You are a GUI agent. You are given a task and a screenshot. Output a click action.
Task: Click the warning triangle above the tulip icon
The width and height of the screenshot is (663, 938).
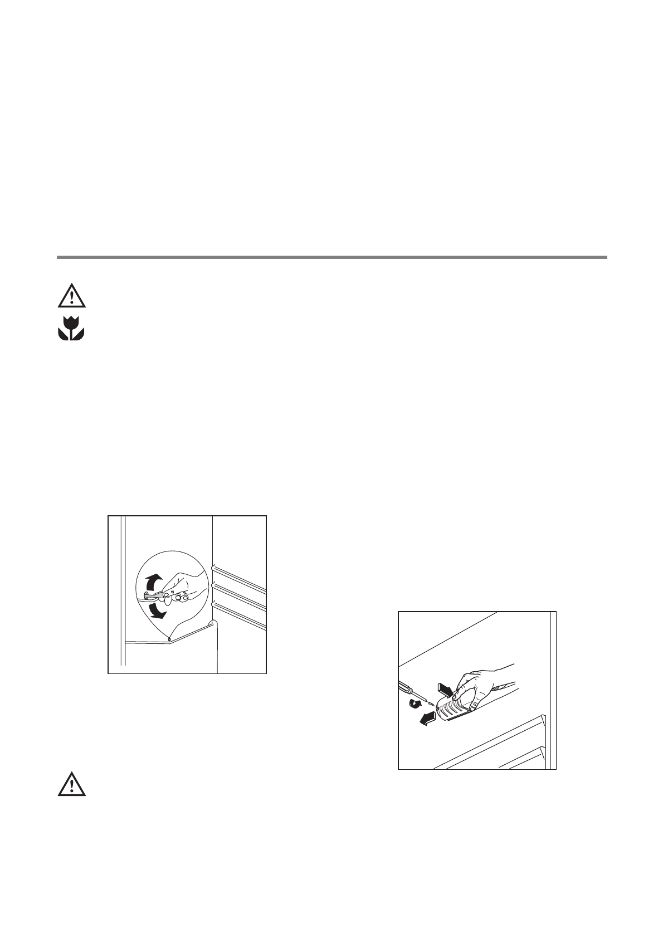tap(71, 296)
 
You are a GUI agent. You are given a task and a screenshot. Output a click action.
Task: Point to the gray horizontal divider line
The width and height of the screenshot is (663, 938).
tap(331, 257)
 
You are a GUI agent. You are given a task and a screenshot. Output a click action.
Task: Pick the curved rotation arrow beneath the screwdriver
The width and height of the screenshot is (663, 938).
tap(415, 704)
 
